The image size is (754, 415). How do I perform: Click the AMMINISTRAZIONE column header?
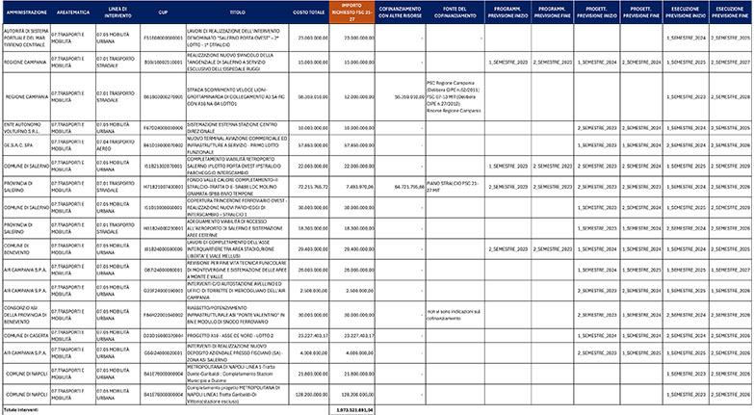26,13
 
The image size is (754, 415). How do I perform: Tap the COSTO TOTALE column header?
308,13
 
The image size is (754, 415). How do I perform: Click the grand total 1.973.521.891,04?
352,409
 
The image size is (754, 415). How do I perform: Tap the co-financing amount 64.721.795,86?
399,186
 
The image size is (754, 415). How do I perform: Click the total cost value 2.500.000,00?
308,290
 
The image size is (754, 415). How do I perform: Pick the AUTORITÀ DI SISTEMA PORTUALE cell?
26,37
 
